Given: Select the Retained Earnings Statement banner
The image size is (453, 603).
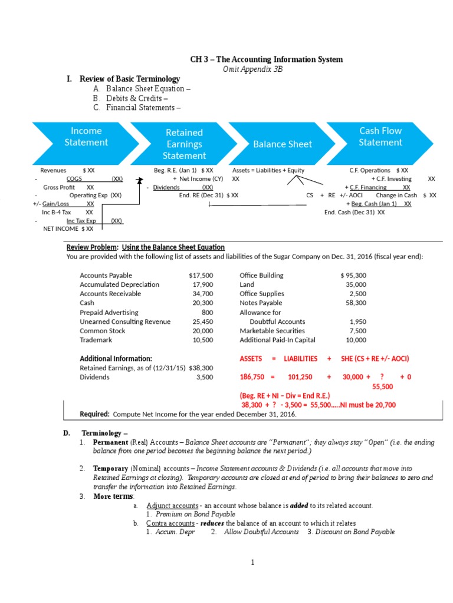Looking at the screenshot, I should click(x=184, y=144).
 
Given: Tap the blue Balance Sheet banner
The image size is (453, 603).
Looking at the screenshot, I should click(x=283, y=144).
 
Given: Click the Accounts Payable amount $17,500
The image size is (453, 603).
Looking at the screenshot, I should click(x=201, y=275).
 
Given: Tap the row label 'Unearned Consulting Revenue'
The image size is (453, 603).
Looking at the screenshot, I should click(x=125, y=322).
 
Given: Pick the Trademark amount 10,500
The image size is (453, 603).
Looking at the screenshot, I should click(x=203, y=340).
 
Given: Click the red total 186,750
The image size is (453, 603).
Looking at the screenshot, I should click(x=252, y=376).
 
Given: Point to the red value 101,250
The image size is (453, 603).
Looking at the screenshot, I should click(x=300, y=376).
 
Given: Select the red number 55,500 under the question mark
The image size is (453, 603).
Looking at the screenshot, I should click(x=383, y=386).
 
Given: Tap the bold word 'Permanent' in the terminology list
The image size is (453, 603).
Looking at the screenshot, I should click(x=110, y=442).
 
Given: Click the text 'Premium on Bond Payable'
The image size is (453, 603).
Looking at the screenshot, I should click(x=189, y=514).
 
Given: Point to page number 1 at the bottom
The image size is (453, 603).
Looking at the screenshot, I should click(x=252, y=562).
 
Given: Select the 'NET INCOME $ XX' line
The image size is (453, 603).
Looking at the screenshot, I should click(x=68, y=228).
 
